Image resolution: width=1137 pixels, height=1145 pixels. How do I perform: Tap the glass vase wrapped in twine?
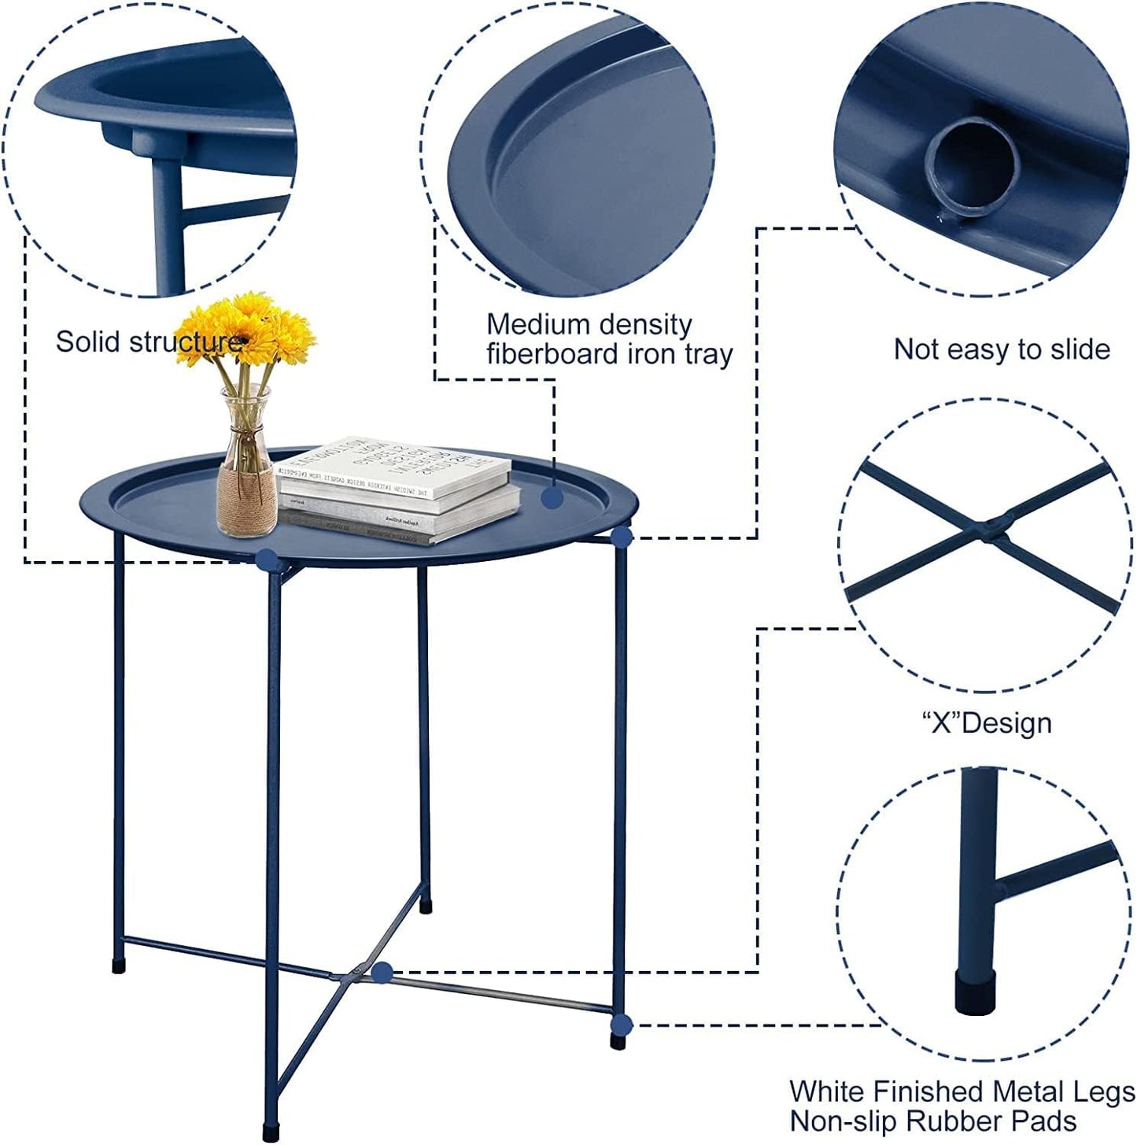(246, 472)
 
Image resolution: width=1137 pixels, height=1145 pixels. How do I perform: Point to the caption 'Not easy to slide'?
(1002, 349)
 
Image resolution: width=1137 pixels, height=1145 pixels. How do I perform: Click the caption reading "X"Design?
(987, 722)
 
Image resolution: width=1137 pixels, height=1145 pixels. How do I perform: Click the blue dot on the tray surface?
(552, 497)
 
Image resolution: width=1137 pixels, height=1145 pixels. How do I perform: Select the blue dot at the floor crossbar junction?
(382, 973)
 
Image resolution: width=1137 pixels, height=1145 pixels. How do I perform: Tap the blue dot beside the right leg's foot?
(622, 1025)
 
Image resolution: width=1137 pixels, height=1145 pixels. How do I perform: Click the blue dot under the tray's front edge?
(266, 559)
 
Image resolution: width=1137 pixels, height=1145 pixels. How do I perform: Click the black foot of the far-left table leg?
(119, 966)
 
